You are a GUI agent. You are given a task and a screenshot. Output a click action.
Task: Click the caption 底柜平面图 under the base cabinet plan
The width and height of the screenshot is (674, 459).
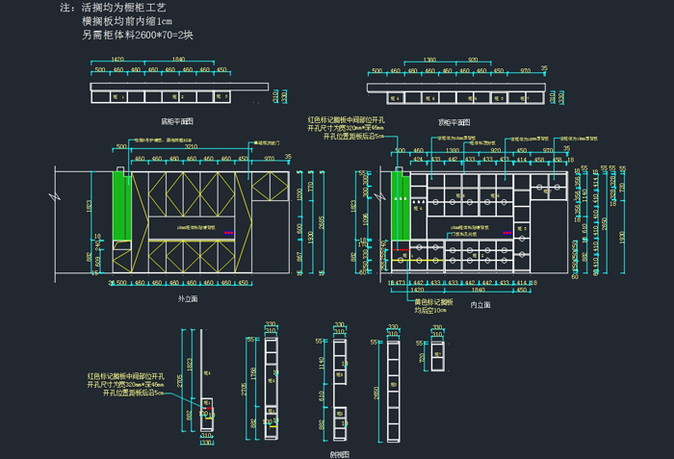tap(177, 121)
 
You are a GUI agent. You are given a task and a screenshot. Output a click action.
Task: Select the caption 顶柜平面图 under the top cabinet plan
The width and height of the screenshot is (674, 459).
tap(454, 122)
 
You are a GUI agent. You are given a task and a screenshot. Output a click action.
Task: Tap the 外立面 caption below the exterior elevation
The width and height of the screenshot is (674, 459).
tap(188, 299)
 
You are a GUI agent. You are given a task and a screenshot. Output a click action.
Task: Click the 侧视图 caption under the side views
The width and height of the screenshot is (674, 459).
tap(338, 452)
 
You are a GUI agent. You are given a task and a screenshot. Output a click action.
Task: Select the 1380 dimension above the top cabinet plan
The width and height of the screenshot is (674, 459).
tap(429, 60)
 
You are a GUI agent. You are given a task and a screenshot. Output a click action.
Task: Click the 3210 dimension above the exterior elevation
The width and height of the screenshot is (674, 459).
tap(192, 147)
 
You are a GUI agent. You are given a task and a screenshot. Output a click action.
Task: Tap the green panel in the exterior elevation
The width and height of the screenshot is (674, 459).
tap(122, 204)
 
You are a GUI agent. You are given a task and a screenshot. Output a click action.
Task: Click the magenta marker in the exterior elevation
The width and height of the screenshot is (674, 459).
tap(228, 233)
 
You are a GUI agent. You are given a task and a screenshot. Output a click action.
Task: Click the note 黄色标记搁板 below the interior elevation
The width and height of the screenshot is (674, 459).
tap(436, 300)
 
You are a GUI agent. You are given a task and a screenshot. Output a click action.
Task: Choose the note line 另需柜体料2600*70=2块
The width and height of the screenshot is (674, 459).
tap(138, 36)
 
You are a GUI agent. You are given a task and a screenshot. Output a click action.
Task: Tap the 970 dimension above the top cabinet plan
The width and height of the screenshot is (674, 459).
tap(526, 70)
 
